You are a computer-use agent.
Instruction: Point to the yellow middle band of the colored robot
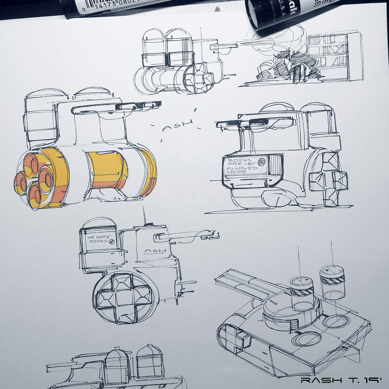tap(107, 169)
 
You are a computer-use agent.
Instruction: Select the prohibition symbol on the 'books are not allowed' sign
tap(261, 162)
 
